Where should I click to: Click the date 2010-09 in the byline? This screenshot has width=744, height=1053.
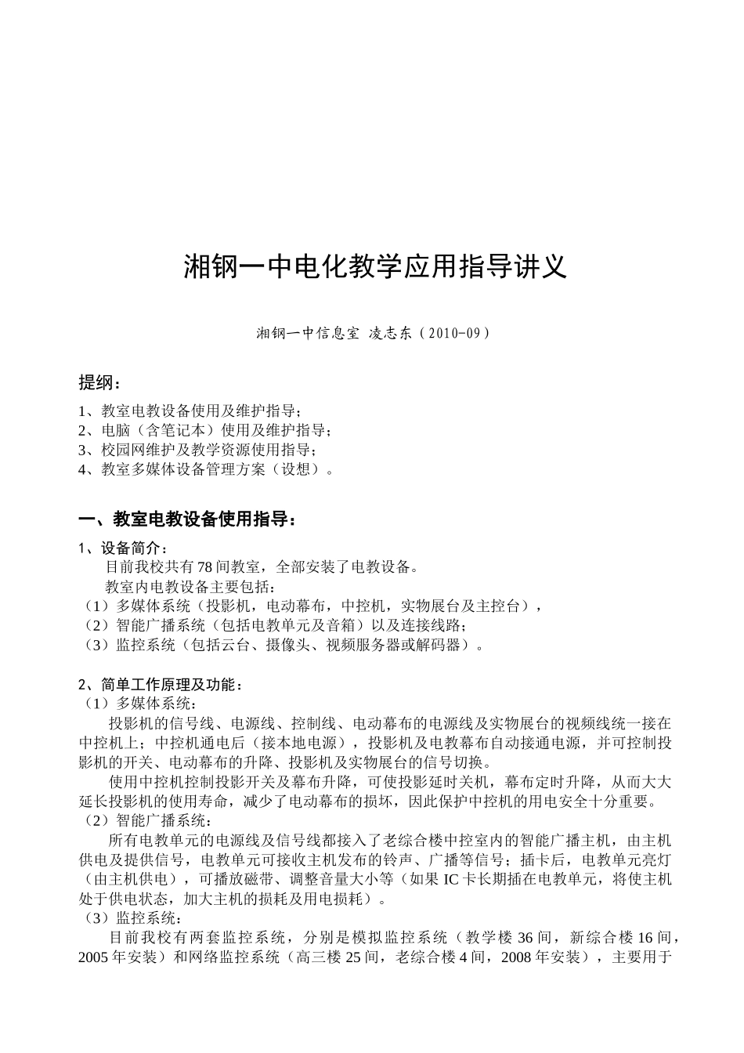[453, 333]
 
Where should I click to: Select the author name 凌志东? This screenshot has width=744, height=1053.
[389, 333]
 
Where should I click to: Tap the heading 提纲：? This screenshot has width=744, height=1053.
[100, 382]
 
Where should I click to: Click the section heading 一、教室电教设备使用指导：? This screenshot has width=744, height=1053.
[188, 519]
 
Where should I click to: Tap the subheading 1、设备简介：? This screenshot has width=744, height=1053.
[123, 548]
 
